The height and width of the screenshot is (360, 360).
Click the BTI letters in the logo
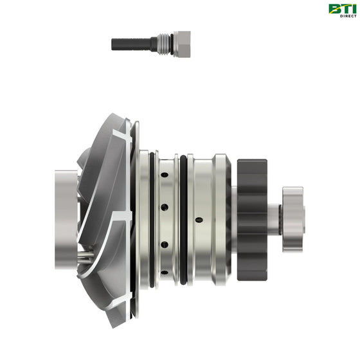click(342, 9)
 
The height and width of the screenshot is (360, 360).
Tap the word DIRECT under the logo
click(348, 16)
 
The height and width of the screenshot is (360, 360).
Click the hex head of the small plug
click(182, 44)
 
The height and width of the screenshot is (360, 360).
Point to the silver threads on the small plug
click(164, 44)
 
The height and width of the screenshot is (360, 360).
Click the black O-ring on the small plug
click(172, 44)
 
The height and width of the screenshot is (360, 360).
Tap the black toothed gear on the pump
click(252, 220)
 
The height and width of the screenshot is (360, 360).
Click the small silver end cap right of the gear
click(293, 219)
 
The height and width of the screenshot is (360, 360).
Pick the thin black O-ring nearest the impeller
click(152, 220)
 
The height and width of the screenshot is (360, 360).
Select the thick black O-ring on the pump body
click(183, 220)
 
